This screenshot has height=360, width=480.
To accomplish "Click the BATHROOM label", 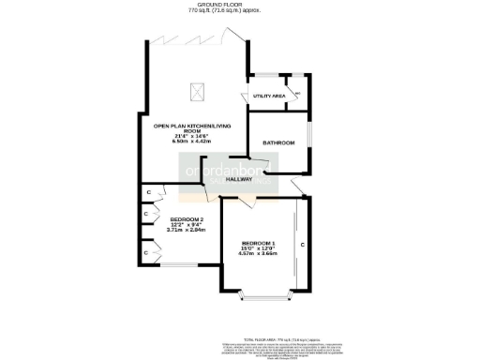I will click(278, 142).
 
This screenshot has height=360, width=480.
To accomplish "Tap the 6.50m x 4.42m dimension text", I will click(194, 142).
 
